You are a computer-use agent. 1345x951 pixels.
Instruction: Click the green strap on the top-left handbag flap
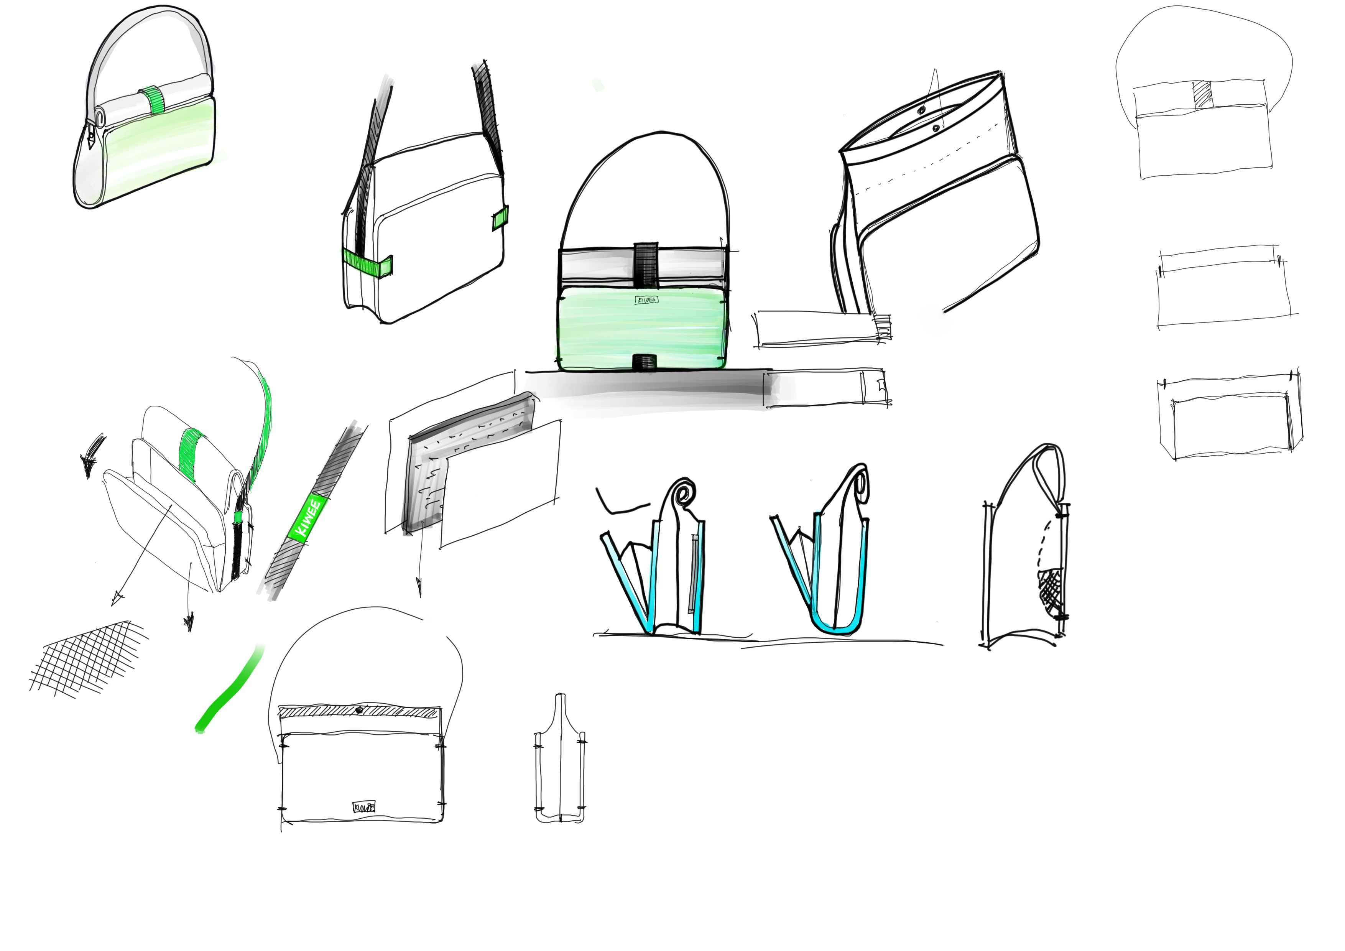[x=154, y=100]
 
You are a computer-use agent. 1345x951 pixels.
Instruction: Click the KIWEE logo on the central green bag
[x=646, y=300]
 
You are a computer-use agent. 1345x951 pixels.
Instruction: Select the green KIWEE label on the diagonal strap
[x=306, y=518]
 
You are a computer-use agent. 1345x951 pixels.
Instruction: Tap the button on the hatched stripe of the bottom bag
[x=358, y=710]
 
